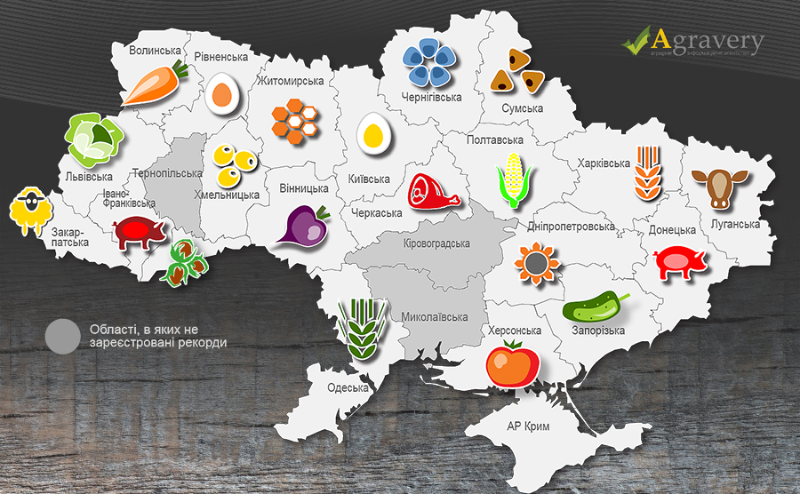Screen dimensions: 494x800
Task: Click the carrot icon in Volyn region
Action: tap(154, 84)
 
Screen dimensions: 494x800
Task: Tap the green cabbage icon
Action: tap(93, 138)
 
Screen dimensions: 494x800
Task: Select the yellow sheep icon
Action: tap(29, 211)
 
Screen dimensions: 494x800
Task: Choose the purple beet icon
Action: tap(302, 226)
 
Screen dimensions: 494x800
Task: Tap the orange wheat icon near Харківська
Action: tap(648, 173)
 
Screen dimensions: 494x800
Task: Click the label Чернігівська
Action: tap(433, 97)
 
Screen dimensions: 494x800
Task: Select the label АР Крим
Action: tap(528, 427)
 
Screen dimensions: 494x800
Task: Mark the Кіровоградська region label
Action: tap(436, 243)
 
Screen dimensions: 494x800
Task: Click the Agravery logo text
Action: tap(708, 41)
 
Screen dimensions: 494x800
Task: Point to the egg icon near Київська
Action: tap(374, 134)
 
